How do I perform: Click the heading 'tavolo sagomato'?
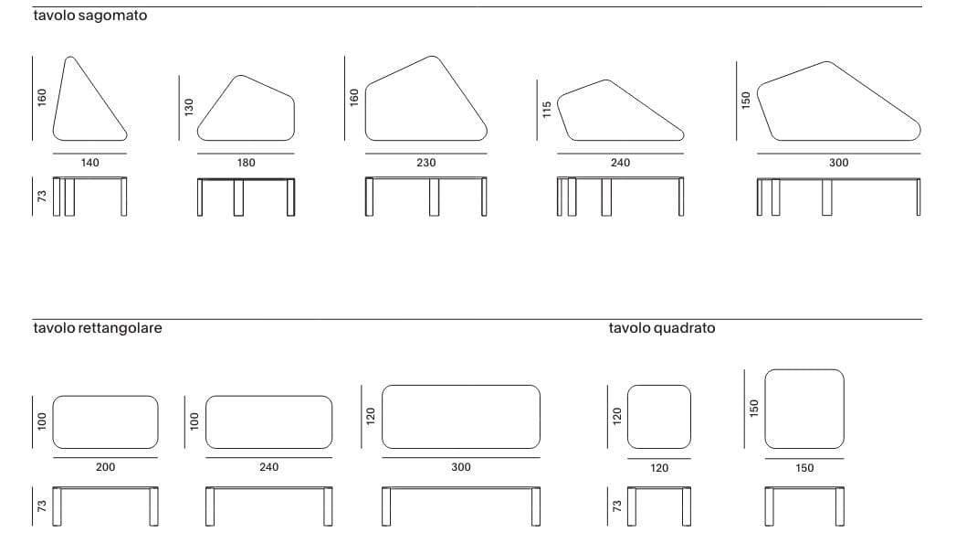89,16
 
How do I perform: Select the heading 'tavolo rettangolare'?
98,327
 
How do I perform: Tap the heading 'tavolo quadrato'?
662,327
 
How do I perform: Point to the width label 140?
89,163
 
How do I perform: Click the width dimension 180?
246,163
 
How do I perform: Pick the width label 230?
425,163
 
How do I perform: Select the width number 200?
105,467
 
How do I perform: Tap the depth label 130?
190,107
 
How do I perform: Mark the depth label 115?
547,111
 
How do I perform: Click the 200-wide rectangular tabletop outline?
105,422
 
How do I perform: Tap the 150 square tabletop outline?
804,409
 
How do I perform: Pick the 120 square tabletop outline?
658,417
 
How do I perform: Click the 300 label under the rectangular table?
461,467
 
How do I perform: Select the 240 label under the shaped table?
620,163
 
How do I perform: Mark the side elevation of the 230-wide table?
425,196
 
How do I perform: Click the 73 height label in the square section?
616,505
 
